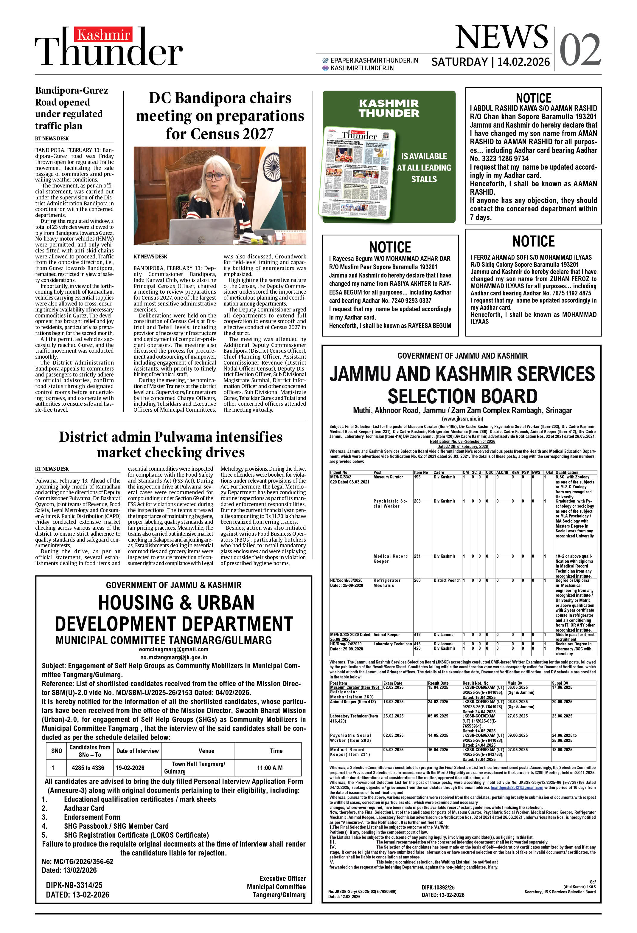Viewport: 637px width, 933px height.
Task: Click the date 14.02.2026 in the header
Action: (523, 62)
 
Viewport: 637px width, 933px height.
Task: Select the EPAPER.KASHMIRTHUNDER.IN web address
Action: (374, 60)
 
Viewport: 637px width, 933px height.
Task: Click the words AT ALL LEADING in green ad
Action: (424, 168)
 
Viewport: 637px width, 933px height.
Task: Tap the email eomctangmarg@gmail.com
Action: (173, 649)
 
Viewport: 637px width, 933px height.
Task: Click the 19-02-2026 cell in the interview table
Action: (130, 768)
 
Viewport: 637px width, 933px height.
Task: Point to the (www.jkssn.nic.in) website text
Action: (462, 419)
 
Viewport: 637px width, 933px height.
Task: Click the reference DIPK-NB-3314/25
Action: (74, 885)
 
